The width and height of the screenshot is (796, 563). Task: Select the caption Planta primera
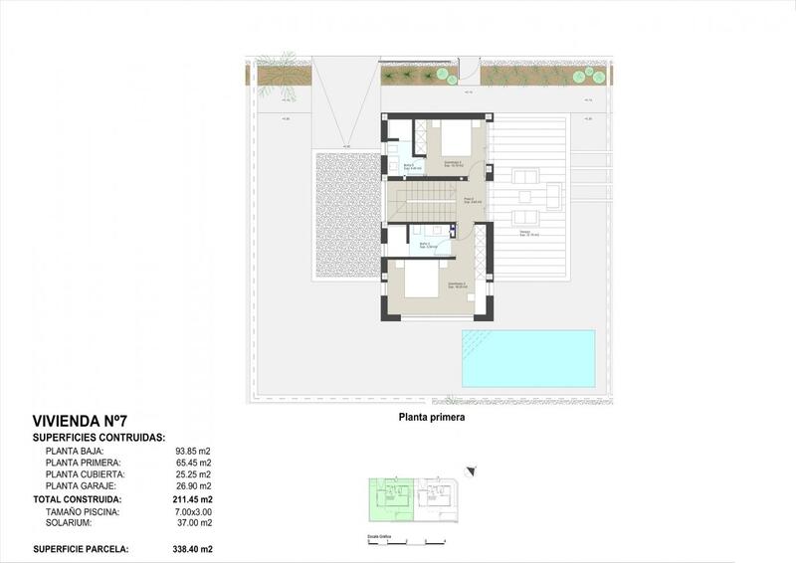[x=432, y=418]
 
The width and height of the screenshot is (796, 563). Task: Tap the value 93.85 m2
[x=194, y=451]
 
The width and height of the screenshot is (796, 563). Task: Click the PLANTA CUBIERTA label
[x=85, y=474]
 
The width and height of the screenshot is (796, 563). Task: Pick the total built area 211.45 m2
[x=194, y=498]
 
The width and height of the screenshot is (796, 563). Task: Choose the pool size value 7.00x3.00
[x=194, y=510]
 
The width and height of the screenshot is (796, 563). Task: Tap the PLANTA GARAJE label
[x=81, y=486]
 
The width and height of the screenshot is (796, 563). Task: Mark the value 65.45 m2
[x=194, y=463]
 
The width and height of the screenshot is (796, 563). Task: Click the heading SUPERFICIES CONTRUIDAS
[x=99, y=437]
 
